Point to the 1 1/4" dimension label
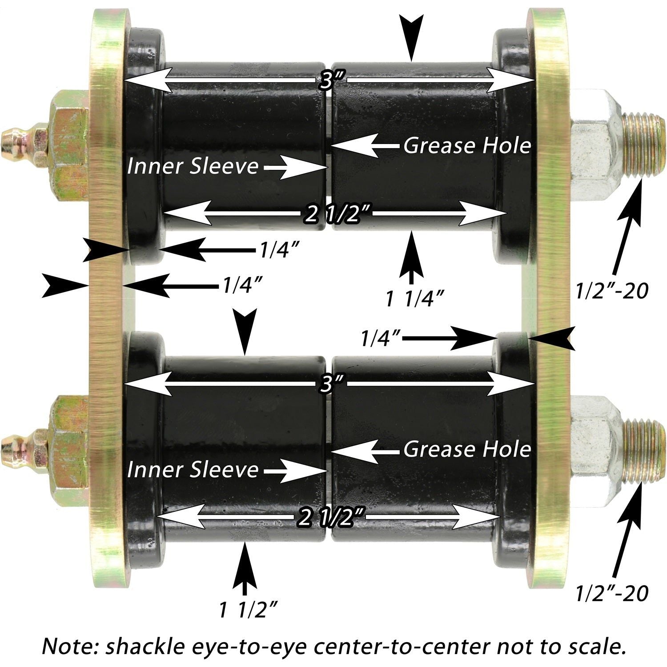click(415, 299)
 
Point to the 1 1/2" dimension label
click(249, 609)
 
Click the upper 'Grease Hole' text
click(467, 145)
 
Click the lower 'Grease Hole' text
click(467, 450)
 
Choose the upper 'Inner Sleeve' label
click(193, 166)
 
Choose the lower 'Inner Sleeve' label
click(193, 470)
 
